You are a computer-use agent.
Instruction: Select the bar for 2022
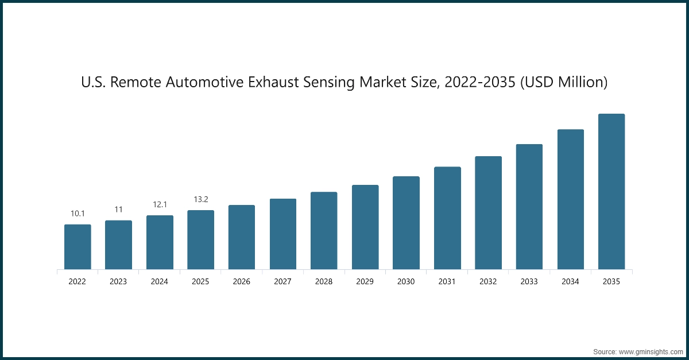(x=78, y=247)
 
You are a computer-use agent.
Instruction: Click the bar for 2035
(x=611, y=192)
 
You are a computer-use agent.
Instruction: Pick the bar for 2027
(x=283, y=234)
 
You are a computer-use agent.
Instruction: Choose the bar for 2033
(x=529, y=207)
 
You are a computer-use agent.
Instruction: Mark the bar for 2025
(x=200, y=240)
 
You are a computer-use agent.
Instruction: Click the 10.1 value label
(x=78, y=214)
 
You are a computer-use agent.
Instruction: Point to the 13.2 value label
(x=200, y=199)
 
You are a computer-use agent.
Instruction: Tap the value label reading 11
(x=118, y=210)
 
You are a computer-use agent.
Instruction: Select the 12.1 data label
(x=160, y=204)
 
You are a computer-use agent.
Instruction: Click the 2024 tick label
(x=160, y=282)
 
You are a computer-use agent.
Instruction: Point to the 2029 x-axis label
(x=365, y=282)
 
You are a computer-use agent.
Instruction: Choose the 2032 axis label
(x=488, y=282)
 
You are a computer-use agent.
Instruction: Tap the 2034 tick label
(x=570, y=282)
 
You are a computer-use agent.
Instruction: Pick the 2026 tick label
(x=242, y=282)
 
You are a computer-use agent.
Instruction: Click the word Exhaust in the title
(x=278, y=83)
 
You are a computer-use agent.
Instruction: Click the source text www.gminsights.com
(x=650, y=351)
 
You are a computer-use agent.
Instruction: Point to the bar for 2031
(x=447, y=218)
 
